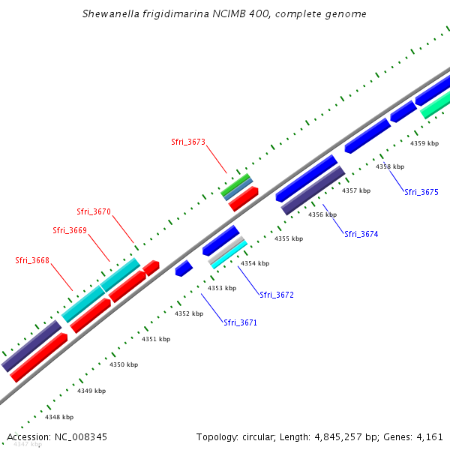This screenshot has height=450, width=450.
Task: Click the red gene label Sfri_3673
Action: point(188,142)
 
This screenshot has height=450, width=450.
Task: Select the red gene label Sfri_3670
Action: point(94,211)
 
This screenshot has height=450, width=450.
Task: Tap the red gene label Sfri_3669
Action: point(70,230)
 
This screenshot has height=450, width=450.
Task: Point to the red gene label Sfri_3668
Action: point(32,260)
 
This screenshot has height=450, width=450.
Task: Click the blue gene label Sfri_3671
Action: point(240,322)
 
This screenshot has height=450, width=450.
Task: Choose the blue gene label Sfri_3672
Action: point(277,295)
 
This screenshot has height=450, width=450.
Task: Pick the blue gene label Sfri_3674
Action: point(361,234)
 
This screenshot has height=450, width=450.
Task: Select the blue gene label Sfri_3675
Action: point(421,192)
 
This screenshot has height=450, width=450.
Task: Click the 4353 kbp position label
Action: point(222,288)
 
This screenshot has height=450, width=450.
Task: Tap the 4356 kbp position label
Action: point(322,214)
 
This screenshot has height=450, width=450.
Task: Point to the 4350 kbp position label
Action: point(124,364)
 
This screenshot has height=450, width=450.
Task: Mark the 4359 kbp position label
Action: point(424,142)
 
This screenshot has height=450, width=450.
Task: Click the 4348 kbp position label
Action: point(59,417)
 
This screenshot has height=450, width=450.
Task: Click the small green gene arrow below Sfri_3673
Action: point(235,183)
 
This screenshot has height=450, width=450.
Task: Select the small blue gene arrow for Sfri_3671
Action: point(184,268)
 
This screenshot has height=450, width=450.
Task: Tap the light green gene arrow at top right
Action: point(435,108)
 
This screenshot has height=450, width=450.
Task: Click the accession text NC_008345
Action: point(79,436)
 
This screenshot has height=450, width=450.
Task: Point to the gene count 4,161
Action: point(428,436)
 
